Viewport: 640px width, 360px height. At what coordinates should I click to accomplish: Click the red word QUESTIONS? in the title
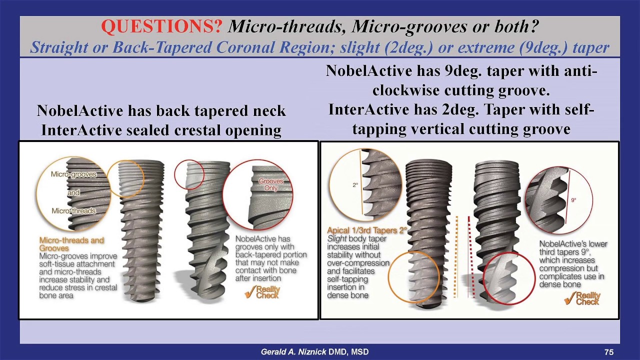click(x=161, y=27)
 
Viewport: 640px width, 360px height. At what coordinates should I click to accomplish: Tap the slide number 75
click(x=608, y=352)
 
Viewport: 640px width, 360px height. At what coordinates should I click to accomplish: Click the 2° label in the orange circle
click(x=355, y=185)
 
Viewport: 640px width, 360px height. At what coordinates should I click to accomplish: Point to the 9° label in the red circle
click(x=573, y=200)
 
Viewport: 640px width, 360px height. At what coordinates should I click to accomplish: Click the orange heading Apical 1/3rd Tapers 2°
click(x=366, y=230)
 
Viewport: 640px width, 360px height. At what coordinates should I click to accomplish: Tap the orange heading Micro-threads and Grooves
click(x=71, y=244)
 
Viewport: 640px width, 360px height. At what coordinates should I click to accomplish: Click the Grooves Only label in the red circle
click(x=270, y=184)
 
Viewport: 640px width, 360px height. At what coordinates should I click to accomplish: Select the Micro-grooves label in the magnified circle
click(x=73, y=174)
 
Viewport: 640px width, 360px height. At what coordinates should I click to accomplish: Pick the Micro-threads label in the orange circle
click(x=73, y=211)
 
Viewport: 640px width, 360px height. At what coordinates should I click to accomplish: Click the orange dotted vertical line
click(x=456, y=257)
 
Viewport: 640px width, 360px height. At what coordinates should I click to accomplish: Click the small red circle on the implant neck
click(x=188, y=174)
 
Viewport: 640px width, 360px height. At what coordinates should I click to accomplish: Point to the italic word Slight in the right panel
click(x=337, y=239)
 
